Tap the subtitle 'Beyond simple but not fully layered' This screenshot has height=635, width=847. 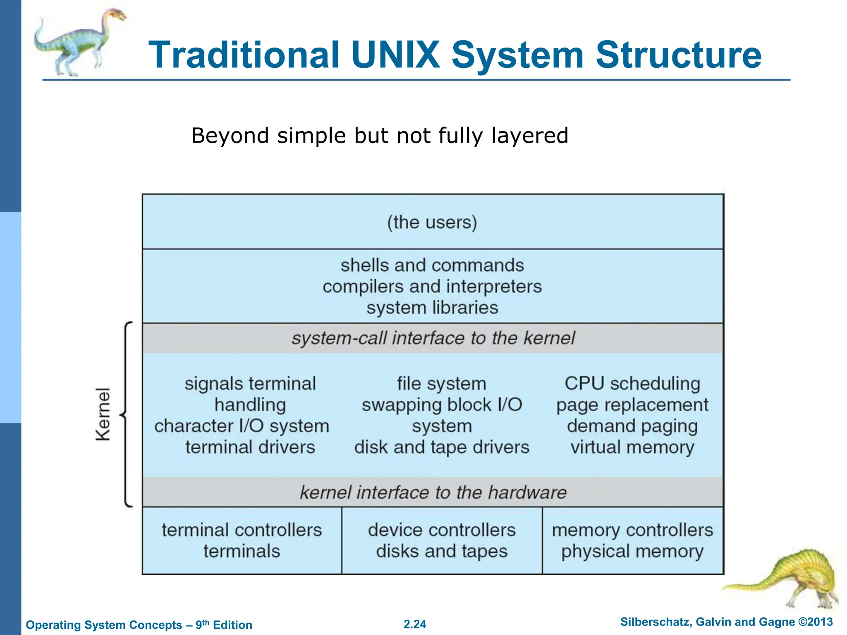tap(380, 136)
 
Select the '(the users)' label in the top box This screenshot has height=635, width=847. tap(432, 222)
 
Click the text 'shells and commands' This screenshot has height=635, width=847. tap(432, 265)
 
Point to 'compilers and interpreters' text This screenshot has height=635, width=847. tap(432, 286)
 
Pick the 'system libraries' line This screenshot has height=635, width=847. tap(432, 308)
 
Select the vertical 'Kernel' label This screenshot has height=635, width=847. tap(103, 414)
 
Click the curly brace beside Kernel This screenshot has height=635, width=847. tap(126, 414)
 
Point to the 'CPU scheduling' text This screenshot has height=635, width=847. tap(632, 384)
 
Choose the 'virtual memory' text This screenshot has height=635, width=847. tap(632, 447)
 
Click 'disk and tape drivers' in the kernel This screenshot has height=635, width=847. tap(442, 447)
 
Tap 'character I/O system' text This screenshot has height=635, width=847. tap(242, 426)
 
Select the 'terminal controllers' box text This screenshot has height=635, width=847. tap(242, 530)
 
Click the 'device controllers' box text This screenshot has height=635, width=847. tap(442, 530)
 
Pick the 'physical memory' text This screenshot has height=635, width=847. tap(632, 551)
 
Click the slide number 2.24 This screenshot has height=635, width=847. tap(415, 624)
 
